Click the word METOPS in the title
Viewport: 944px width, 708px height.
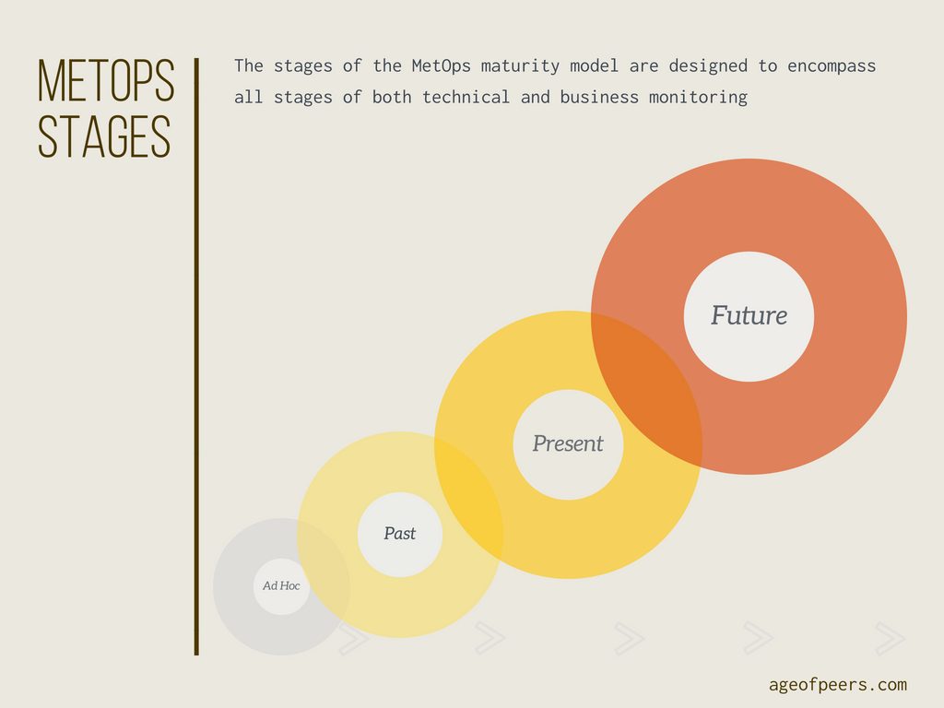click(106, 81)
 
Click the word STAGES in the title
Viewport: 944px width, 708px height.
click(104, 136)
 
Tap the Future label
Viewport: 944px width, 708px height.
click(749, 315)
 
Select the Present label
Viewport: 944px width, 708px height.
click(568, 443)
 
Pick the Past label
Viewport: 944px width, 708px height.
click(400, 534)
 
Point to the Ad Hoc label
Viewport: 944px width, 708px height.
click(281, 585)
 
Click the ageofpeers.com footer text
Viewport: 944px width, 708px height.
click(837, 685)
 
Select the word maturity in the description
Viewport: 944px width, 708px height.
click(520, 66)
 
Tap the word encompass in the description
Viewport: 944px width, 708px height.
click(832, 66)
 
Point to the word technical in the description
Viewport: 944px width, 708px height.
click(466, 97)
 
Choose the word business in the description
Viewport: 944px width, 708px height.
click(599, 97)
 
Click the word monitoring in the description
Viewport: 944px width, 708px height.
click(699, 98)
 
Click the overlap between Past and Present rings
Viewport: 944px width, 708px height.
click(469, 495)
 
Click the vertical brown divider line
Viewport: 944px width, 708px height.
click(196, 357)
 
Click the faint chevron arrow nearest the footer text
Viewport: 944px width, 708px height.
click(890, 638)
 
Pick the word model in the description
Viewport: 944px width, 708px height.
click(595, 65)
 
